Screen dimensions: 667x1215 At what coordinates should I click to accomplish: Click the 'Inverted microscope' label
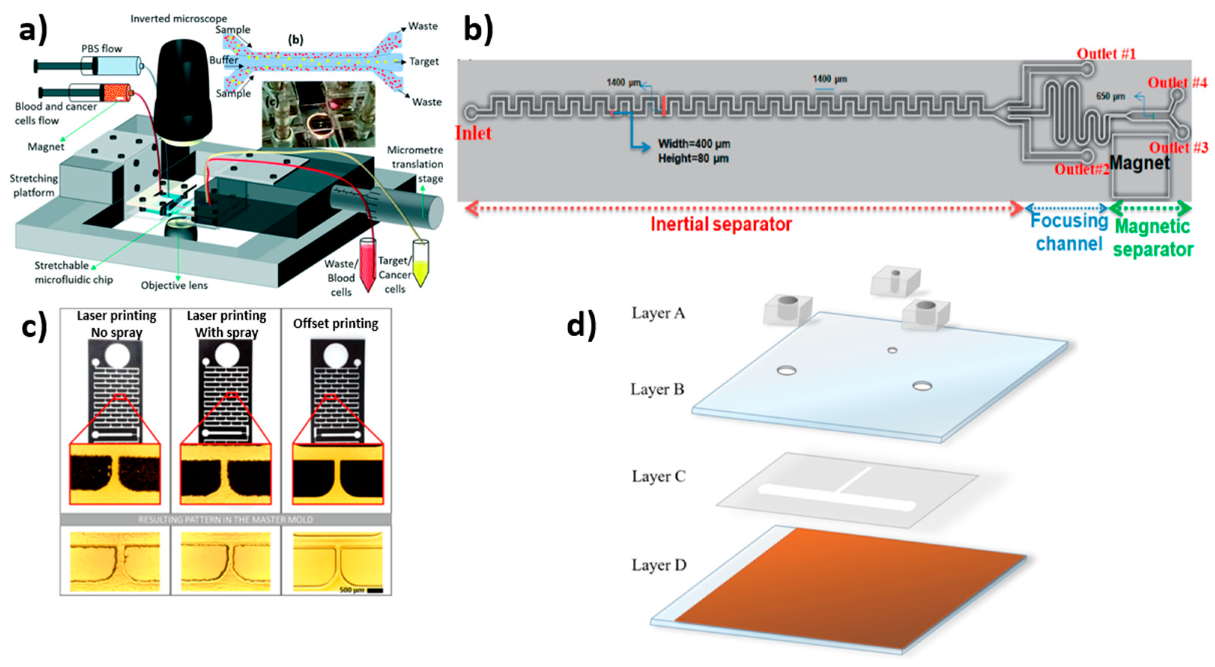pos(178,18)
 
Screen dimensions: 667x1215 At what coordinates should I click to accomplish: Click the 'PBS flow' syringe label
pos(102,49)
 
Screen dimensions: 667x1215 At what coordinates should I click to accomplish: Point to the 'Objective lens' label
pos(174,285)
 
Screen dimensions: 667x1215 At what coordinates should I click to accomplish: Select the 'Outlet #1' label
pos(1106,54)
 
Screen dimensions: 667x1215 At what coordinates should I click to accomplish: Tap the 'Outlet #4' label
pos(1177,83)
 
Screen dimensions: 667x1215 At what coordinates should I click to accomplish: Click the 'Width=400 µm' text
pos(694,144)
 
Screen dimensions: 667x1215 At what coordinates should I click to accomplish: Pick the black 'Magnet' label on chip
pos(1140,163)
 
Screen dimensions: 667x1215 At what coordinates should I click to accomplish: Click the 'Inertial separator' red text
pos(721,224)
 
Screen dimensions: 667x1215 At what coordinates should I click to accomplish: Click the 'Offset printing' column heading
pos(335,323)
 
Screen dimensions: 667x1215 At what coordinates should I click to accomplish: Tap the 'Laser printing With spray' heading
pos(226,324)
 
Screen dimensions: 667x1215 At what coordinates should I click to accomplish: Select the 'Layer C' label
pos(658,476)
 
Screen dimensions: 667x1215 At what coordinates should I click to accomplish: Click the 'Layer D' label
pos(659,565)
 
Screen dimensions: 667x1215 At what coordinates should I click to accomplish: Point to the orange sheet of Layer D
pos(849,589)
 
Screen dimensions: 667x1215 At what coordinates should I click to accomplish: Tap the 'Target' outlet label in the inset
pos(424,61)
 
